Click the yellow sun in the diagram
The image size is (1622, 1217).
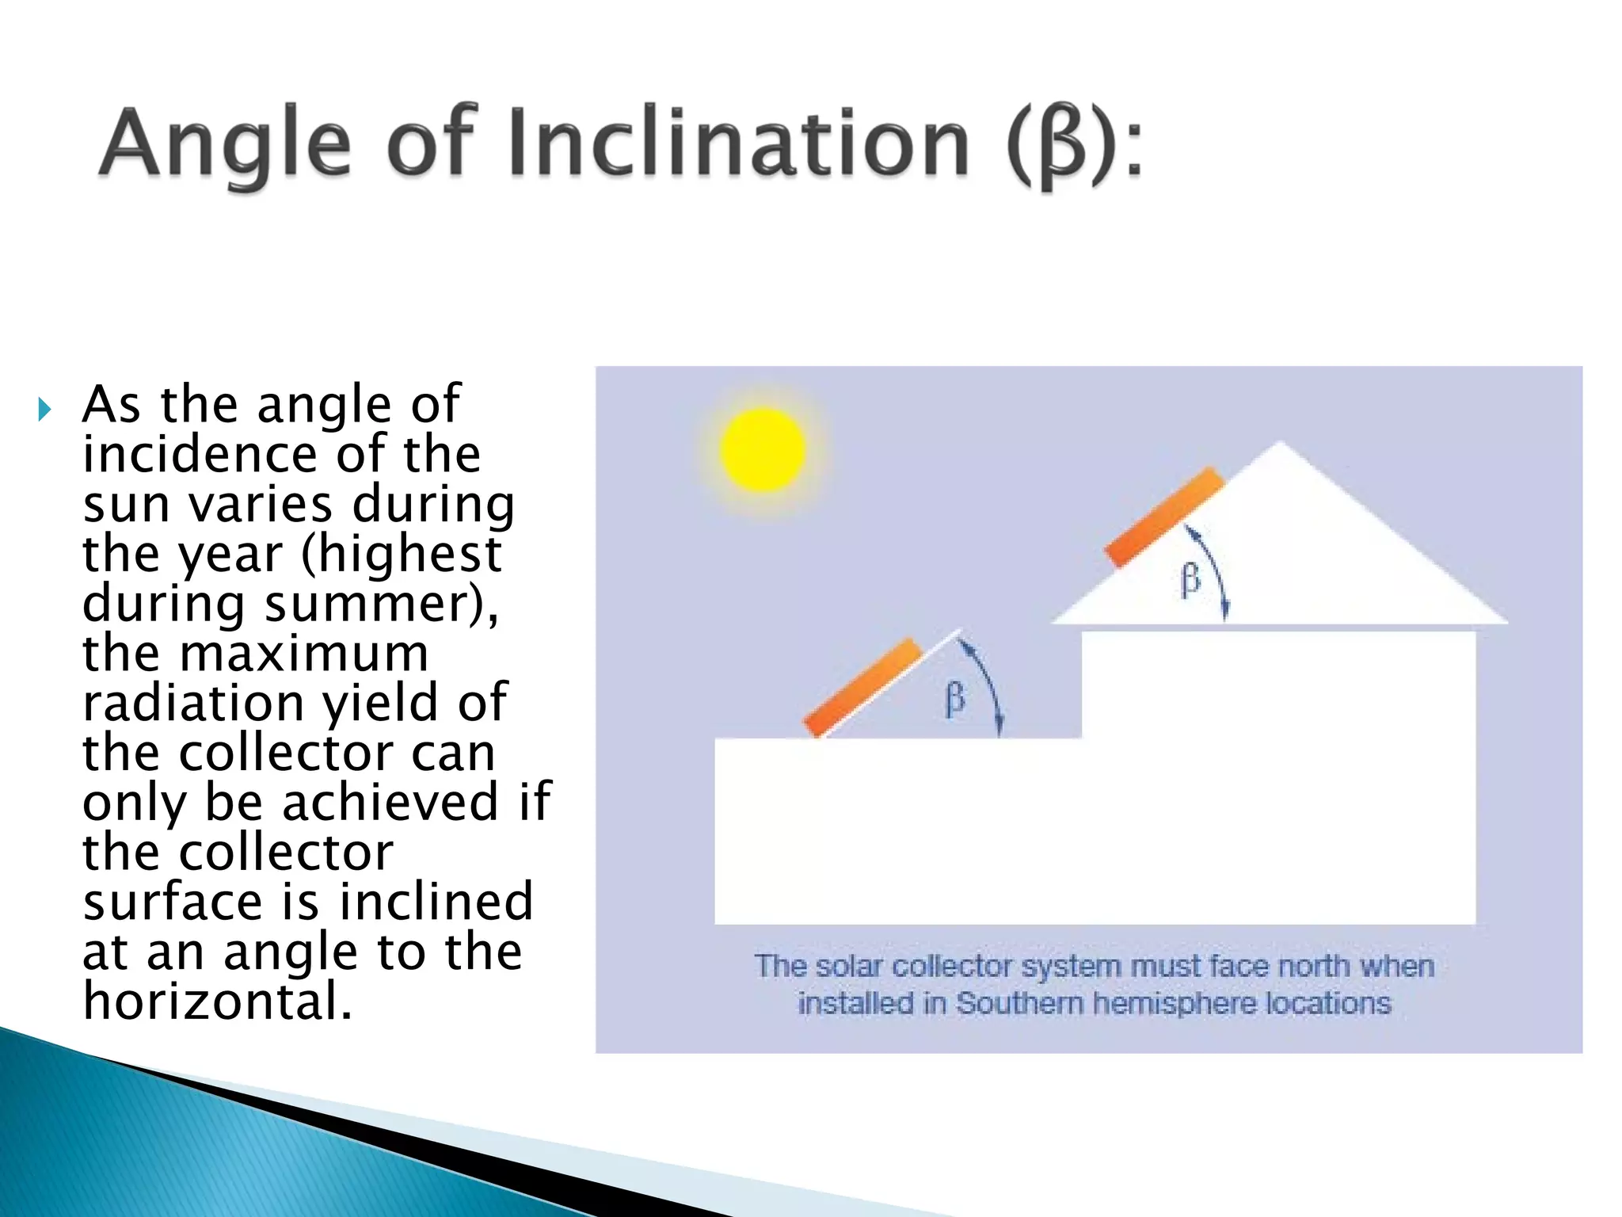click(x=763, y=449)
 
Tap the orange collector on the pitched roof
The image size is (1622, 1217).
click(x=1164, y=517)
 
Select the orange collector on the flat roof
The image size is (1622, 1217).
click(x=863, y=687)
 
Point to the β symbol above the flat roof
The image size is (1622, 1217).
click(x=955, y=700)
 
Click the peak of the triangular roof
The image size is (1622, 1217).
click(x=1280, y=445)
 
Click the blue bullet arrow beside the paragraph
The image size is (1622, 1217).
click(x=45, y=410)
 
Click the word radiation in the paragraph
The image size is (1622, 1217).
click(x=193, y=703)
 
